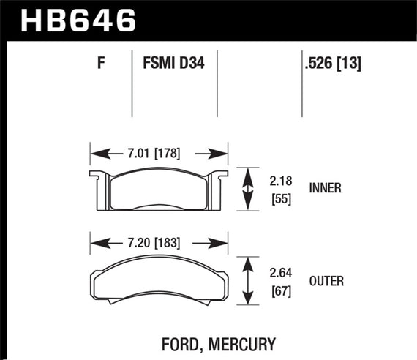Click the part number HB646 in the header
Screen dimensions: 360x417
tap(79, 20)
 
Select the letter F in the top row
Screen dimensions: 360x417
tap(101, 64)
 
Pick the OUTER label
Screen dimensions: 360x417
tap(327, 281)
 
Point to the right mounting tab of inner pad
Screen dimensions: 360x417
tap(218, 183)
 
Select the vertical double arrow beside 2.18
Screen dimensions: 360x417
tap(249, 189)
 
